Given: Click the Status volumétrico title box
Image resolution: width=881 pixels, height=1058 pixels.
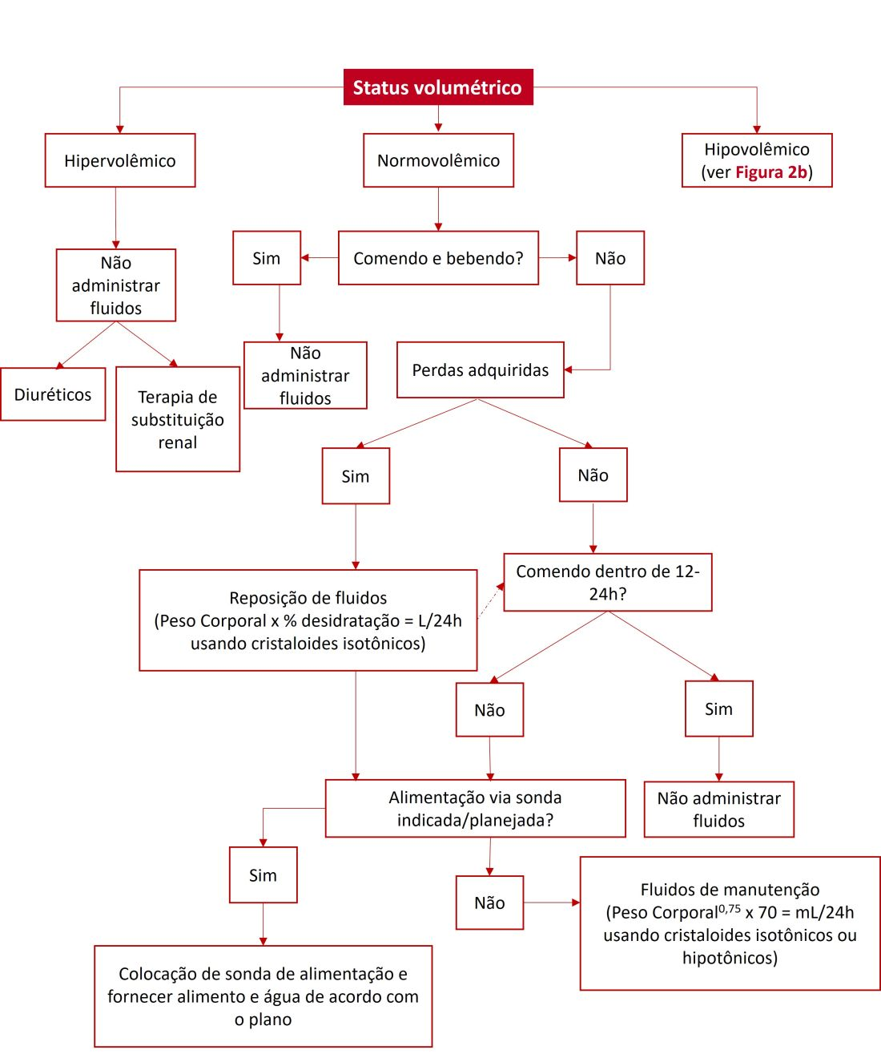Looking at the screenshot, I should point(437,87).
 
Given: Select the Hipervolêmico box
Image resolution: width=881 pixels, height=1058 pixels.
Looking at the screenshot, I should point(120,160).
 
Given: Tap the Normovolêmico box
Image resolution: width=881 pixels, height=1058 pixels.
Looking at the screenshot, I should point(438,160).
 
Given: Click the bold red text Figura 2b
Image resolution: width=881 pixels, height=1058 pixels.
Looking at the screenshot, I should point(771,172).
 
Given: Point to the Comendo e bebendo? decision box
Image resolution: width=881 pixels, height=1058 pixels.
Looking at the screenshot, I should point(438,258).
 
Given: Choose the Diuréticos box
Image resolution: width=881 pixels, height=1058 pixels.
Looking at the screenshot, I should point(53,394).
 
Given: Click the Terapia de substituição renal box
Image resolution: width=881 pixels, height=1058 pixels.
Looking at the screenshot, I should point(178,419).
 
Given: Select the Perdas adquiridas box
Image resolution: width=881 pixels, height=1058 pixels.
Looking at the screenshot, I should point(481,370).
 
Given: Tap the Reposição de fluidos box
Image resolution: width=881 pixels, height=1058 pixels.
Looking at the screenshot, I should point(308,620).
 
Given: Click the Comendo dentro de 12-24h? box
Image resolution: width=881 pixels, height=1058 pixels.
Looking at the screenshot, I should point(608,583).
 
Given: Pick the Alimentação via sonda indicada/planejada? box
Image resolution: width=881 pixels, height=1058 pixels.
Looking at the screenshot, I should point(476,809).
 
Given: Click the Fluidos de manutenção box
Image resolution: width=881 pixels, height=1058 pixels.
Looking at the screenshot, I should point(730,923).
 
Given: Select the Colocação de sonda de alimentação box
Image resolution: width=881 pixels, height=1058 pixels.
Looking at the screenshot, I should point(263,996).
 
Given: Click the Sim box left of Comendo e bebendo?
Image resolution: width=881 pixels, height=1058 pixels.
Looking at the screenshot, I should point(267,258).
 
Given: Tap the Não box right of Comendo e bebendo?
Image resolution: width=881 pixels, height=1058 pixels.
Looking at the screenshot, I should point(610,258).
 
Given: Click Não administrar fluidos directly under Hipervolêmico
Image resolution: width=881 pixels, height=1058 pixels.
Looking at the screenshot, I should point(116,285).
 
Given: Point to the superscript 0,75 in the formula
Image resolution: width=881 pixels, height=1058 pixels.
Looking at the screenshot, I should point(730,908).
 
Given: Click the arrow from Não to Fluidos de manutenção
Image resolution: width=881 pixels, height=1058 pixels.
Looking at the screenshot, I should point(552,903).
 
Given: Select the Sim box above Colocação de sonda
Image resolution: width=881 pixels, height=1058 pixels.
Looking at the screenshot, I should point(263,875).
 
